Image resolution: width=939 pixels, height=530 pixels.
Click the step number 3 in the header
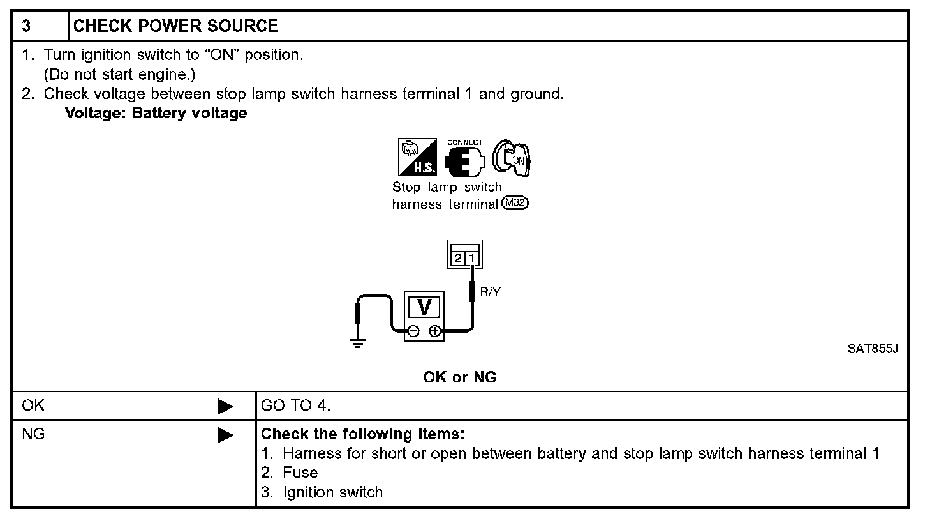click(26, 26)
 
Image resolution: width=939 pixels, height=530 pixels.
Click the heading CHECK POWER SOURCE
click(175, 26)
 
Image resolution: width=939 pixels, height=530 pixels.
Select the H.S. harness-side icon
click(417, 157)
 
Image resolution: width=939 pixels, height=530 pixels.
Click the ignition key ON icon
click(512, 158)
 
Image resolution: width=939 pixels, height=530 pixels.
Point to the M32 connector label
click(515, 204)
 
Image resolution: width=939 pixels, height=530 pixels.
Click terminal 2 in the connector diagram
click(458, 258)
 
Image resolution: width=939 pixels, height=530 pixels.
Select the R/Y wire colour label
click(490, 292)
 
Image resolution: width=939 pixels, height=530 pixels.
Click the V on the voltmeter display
click(424, 308)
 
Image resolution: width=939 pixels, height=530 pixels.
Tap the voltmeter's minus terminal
click(413, 331)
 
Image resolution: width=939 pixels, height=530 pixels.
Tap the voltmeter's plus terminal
click(434, 331)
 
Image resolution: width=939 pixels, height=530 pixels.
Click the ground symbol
click(357, 344)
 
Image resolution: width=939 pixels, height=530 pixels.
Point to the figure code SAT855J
click(873, 349)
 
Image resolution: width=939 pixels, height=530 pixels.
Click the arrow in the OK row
click(225, 406)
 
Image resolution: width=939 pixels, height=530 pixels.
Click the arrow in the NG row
click(225, 435)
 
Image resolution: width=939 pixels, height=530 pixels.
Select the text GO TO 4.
click(296, 405)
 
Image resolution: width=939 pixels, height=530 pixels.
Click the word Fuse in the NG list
click(300, 473)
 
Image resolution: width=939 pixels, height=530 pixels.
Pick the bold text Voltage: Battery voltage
click(156, 114)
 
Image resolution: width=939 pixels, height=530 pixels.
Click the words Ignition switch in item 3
click(332, 493)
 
